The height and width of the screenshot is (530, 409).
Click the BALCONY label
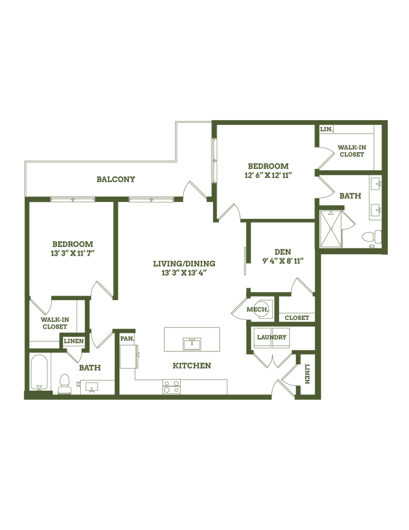pos(116,179)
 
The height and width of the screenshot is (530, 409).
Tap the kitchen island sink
pos(192,344)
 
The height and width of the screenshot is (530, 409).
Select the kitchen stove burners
pos(171,386)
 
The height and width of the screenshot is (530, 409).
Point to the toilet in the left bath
pos(64,384)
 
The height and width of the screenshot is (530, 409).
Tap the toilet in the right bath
pos(371,237)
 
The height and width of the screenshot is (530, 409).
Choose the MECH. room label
pos(257,310)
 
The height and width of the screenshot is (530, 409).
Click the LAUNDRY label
pos(271,337)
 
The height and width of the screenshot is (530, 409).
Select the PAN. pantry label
pos(127,338)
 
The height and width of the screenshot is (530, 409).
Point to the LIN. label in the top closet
pos(326,129)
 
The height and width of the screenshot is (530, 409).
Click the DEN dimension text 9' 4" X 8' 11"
pos(283,261)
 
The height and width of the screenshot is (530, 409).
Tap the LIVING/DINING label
pos(184,263)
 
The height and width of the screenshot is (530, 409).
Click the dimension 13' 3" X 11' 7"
pos(72,253)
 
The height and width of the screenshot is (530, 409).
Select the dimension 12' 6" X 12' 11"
pos(268,175)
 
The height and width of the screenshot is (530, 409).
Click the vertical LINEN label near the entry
pos(307,374)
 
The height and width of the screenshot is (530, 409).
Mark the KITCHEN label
pos(192,365)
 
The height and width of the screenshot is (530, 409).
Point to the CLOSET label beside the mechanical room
pos(297,318)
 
